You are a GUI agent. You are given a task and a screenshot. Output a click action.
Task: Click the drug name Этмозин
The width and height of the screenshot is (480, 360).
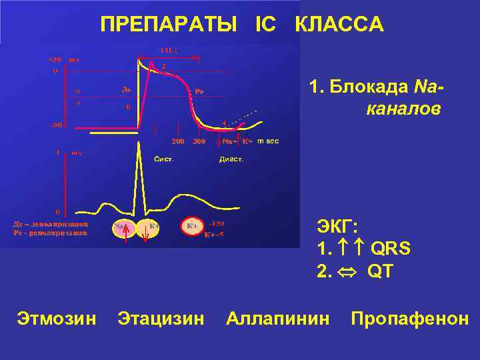[56, 319]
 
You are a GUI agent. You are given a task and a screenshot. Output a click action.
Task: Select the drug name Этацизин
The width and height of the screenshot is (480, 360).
[161, 319]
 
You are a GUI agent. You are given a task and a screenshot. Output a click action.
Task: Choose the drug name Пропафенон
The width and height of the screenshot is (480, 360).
[409, 319]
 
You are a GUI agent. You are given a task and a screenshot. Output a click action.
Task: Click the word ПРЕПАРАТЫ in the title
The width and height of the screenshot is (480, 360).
[169, 25]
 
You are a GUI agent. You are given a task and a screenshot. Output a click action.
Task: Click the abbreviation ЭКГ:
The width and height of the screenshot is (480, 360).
[338, 227]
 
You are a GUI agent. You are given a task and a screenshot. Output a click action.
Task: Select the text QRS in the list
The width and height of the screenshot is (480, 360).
[390, 249]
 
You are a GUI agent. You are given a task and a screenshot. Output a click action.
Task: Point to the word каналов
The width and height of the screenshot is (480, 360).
[403, 109]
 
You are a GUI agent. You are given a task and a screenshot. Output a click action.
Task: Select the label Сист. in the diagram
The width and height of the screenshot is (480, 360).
[164, 159]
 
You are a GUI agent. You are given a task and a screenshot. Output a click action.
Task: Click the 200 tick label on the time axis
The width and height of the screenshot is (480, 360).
[179, 141]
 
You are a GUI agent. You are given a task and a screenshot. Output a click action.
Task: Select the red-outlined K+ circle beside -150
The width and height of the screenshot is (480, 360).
[191, 227]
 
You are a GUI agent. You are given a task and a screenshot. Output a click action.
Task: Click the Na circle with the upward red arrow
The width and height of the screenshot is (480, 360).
[121, 228]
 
